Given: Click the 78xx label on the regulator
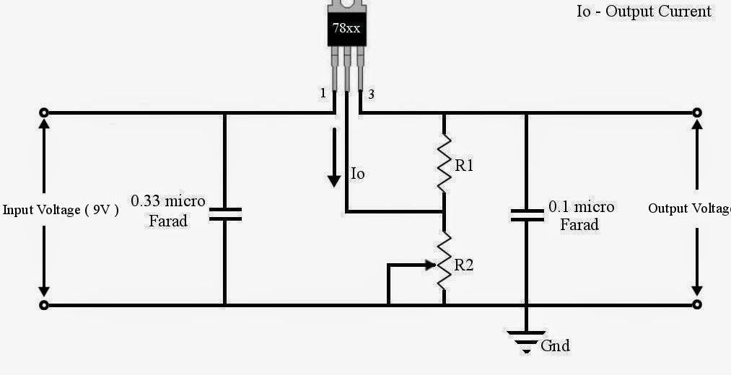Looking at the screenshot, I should (x=346, y=30).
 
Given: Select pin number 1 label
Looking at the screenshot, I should (x=323, y=94).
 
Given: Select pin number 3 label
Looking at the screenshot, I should (x=371, y=94).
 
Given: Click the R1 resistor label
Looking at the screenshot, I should (x=464, y=166).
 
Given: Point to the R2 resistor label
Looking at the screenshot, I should (x=464, y=265).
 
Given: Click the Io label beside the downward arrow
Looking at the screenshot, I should (x=358, y=174).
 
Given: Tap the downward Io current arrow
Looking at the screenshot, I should (x=333, y=159).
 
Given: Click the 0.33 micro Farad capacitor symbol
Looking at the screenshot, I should (x=224, y=213).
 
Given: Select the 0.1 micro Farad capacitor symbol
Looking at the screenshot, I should (x=526, y=213).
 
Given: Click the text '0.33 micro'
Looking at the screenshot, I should (x=168, y=200).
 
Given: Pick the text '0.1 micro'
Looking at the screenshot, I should (x=582, y=207).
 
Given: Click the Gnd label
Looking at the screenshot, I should (x=555, y=346).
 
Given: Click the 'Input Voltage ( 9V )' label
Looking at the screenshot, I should (x=61, y=210).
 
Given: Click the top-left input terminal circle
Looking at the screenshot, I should (x=44, y=112).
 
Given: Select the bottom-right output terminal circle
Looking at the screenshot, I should (x=697, y=305).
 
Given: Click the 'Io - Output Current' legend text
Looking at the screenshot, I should (x=644, y=12).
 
